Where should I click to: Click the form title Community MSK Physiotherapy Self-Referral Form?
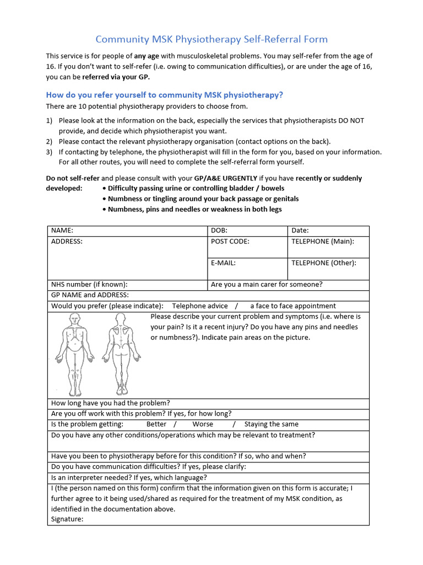click(x=211, y=39)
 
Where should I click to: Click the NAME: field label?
click(x=62, y=231)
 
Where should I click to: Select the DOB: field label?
click(x=219, y=231)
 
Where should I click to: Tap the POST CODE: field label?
click(x=230, y=241)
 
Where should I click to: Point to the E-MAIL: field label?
click(x=223, y=263)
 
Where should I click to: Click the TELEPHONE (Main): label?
click(x=322, y=241)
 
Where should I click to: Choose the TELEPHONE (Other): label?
click(x=323, y=263)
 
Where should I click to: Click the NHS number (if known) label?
click(x=89, y=285)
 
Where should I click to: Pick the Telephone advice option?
click(x=200, y=306)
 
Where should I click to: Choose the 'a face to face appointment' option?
click(x=292, y=306)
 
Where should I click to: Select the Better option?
click(x=156, y=424)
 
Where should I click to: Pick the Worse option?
click(x=203, y=424)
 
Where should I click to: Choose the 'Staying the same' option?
click(x=272, y=424)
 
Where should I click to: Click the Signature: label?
click(x=67, y=519)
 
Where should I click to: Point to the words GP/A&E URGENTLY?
click(x=225, y=178)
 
